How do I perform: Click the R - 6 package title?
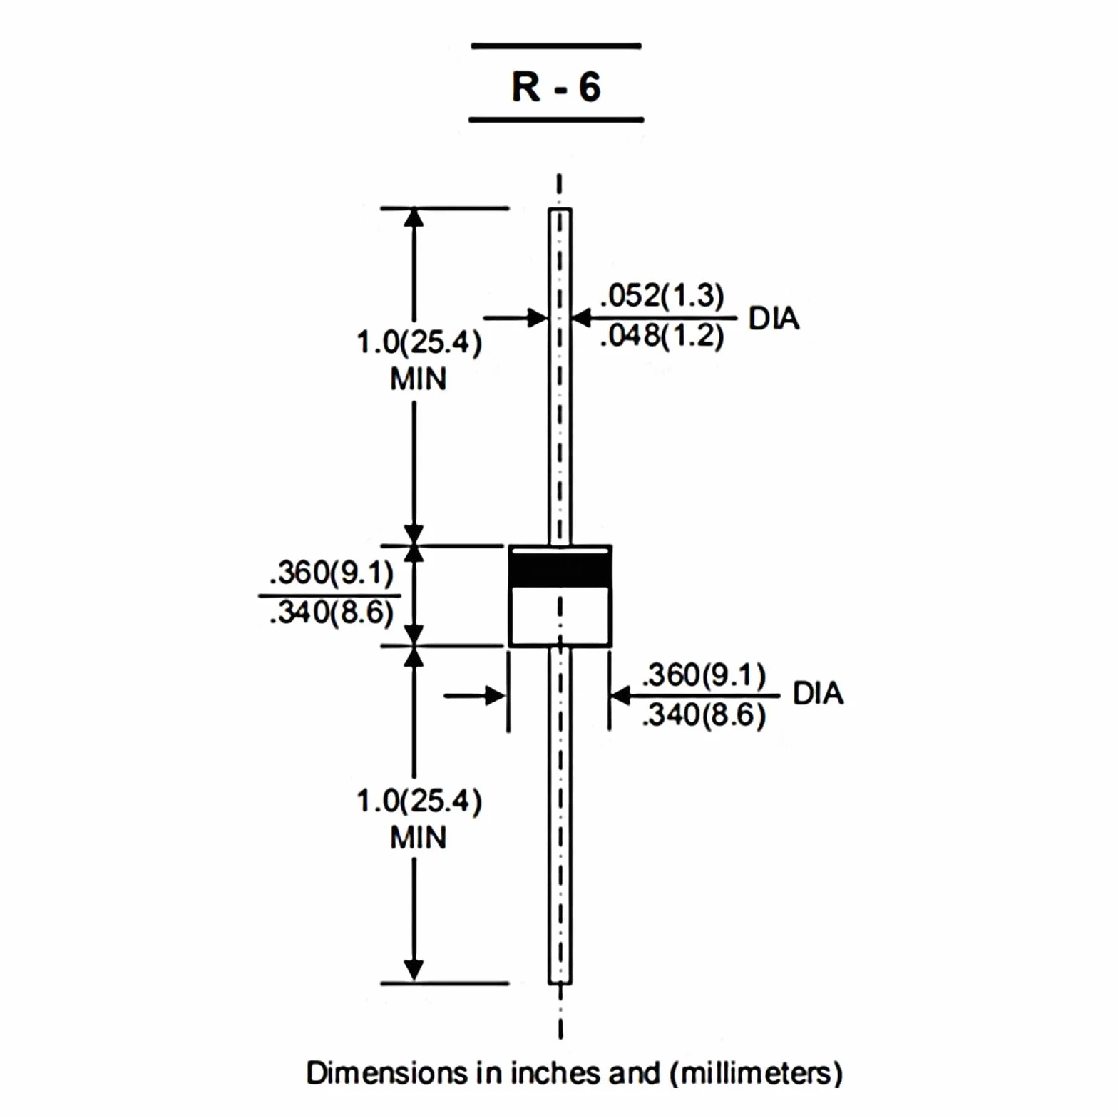pos(556,87)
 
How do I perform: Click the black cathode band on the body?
pos(560,569)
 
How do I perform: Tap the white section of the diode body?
pos(560,615)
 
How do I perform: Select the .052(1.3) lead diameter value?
pos(662,295)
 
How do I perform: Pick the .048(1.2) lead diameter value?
pos(662,335)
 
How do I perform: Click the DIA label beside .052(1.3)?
pos(774,318)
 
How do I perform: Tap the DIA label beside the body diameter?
pos(818,693)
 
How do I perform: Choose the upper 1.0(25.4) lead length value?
pos(419,342)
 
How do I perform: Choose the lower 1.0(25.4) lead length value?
pos(419,801)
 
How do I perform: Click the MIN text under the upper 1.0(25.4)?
pos(419,379)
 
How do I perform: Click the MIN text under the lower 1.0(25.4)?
pos(419,837)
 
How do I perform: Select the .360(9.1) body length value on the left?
pos(332,573)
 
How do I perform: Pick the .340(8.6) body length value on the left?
pos(332,612)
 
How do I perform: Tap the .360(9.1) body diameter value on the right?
pos(704,675)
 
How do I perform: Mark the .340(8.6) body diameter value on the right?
pos(704,714)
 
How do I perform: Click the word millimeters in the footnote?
pos(757,1073)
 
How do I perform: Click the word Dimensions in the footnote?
pos(386,1073)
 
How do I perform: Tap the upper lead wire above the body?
pos(560,376)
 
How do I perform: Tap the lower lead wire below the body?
pos(560,816)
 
